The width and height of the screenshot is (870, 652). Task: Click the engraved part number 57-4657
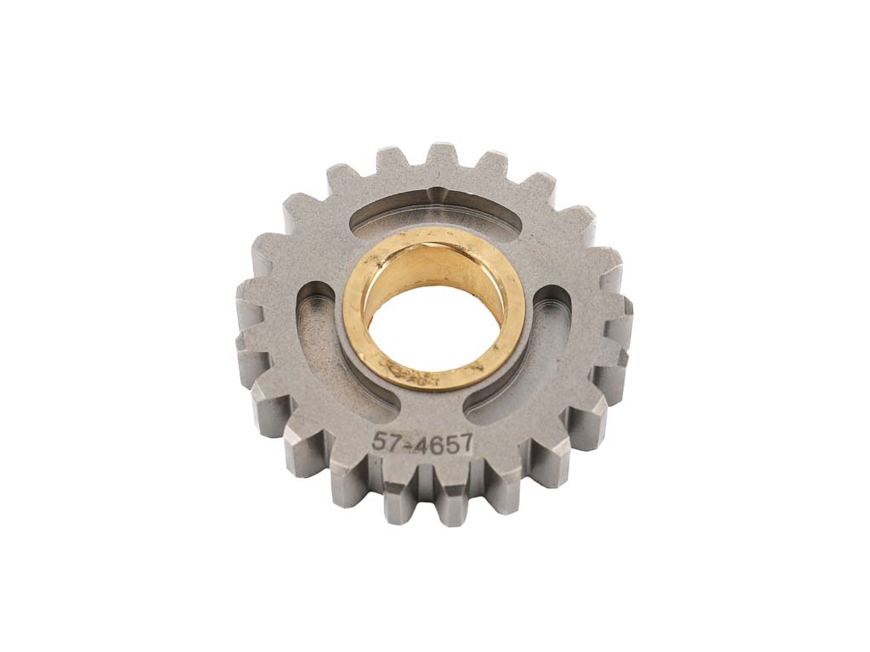point(423,442)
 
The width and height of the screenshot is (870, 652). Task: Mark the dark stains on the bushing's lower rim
point(414,373)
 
